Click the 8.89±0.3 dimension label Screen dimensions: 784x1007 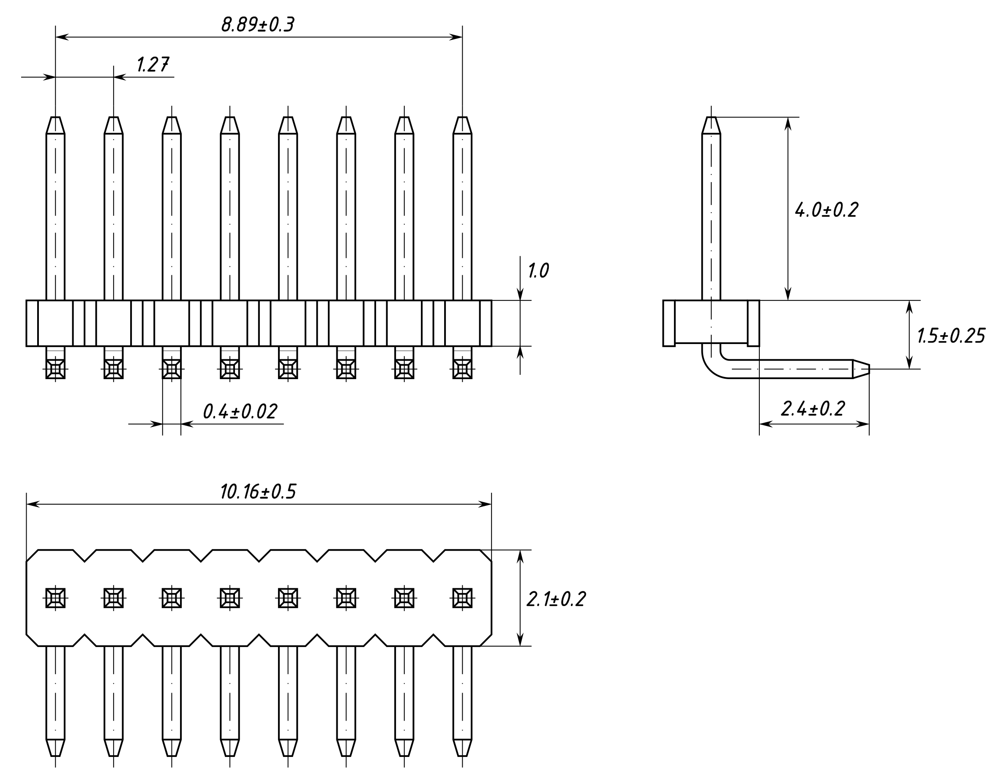pyautogui.click(x=257, y=25)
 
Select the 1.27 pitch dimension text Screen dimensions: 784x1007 pyautogui.click(x=153, y=65)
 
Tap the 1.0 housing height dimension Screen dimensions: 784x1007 pyautogui.click(x=538, y=271)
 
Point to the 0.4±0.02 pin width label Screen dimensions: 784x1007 pyautogui.click(x=240, y=411)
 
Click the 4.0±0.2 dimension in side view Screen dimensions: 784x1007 pyautogui.click(x=826, y=210)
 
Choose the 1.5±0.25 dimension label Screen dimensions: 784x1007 pyautogui.click(x=951, y=336)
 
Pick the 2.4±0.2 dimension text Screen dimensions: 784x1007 pyautogui.click(x=813, y=409)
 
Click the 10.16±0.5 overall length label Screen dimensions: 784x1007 pyautogui.click(x=258, y=492)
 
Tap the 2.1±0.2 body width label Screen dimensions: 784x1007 pyautogui.click(x=556, y=599)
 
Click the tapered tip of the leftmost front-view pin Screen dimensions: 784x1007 pyautogui.click(x=55, y=125)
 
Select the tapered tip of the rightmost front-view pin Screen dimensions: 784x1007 pyautogui.click(x=462, y=125)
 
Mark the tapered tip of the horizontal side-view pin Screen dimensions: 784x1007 pyautogui.click(x=861, y=369)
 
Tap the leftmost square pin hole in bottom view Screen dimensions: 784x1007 pyautogui.click(x=55, y=598)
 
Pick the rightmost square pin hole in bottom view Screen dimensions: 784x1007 pyautogui.click(x=462, y=598)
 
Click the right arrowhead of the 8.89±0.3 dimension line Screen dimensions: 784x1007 pyautogui.click(x=456, y=37)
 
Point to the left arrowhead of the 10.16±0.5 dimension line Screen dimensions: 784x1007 pyautogui.click(x=32, y=504)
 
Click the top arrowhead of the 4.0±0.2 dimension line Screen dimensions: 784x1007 pyautogui.click(x=788, y=123)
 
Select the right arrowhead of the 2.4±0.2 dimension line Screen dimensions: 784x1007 pyautogui.click(x=863, y=424)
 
